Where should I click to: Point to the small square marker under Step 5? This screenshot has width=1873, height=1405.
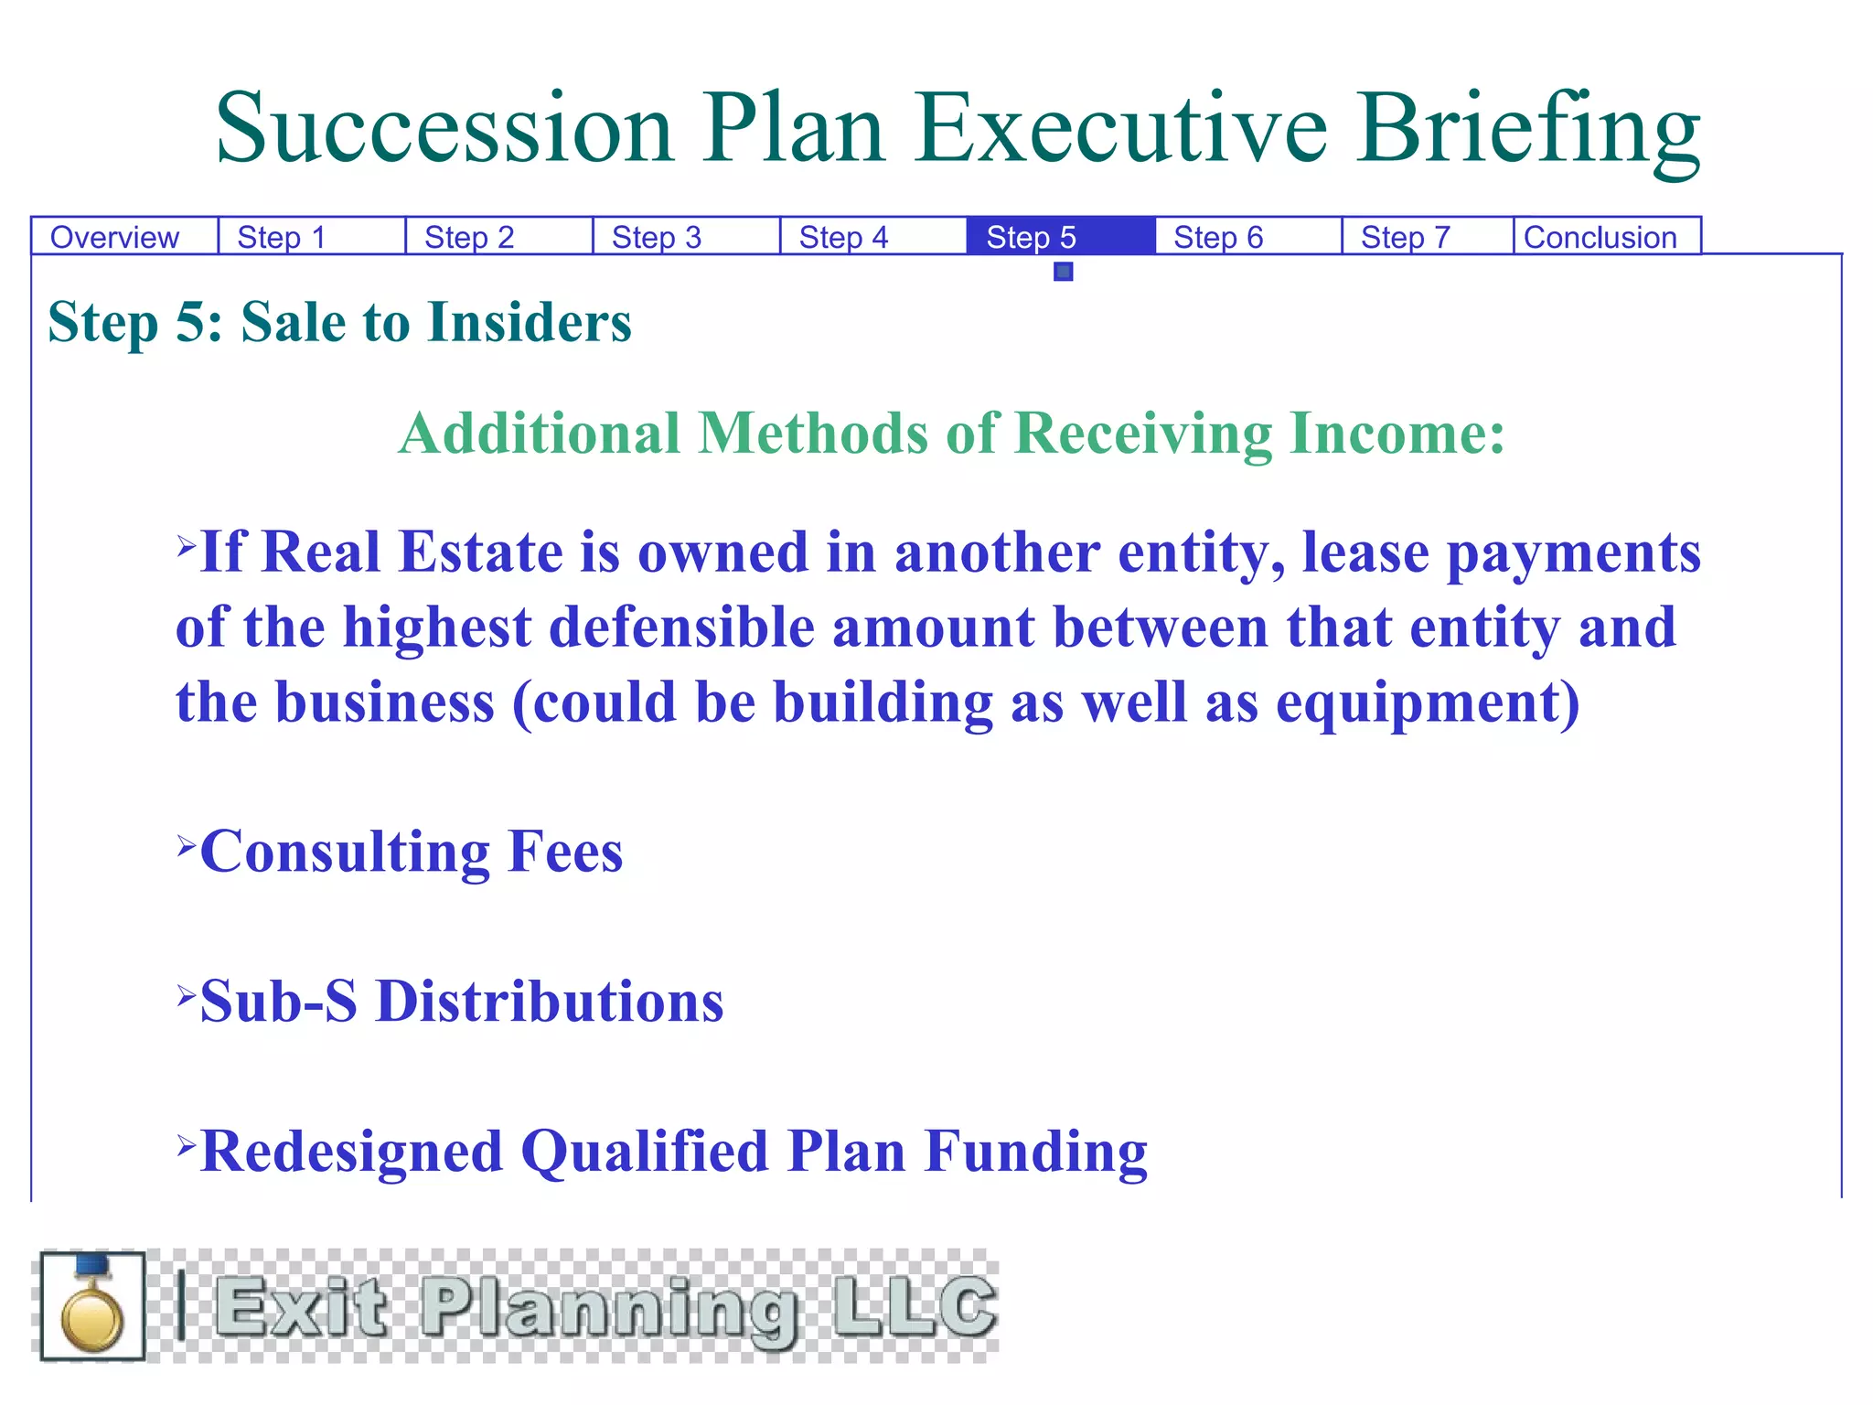[x=1063, y=272]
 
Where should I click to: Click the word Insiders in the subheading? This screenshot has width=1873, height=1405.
[x=529, y=323]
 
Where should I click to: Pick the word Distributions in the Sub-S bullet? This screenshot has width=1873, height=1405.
[x=550, y=1001]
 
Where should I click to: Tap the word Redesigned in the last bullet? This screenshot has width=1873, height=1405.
[x=351, y=1151]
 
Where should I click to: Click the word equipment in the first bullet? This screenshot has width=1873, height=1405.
[x=1427, y=702]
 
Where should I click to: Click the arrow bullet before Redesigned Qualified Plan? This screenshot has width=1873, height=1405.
[x=187, y=1144]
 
